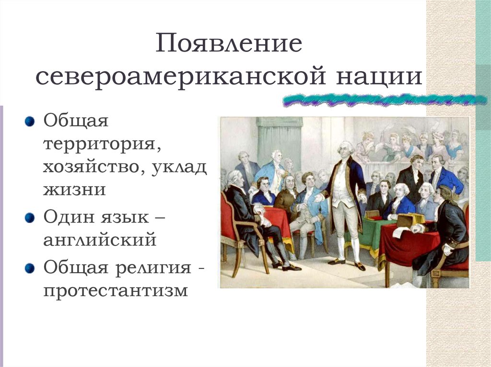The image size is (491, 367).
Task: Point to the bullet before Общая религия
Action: tap(30, 267)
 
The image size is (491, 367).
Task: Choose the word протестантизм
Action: tap(116, 289)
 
